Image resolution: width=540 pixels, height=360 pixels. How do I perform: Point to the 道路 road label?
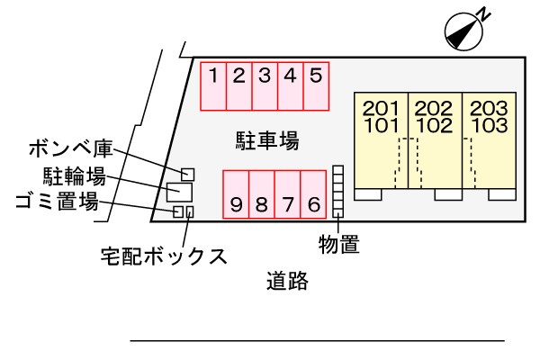tap(288, 282)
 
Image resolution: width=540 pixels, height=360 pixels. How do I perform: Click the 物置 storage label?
tap(339, 243)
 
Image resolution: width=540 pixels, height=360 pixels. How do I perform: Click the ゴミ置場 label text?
tap(57, 202)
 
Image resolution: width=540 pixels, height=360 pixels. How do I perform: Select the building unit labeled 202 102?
tap(434, 139)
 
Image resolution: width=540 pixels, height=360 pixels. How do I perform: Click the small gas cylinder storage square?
tap(188, 173)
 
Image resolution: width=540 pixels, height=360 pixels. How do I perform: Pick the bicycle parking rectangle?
tap(178, 192)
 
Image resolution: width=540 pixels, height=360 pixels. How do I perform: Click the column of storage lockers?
tap(338, 191)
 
